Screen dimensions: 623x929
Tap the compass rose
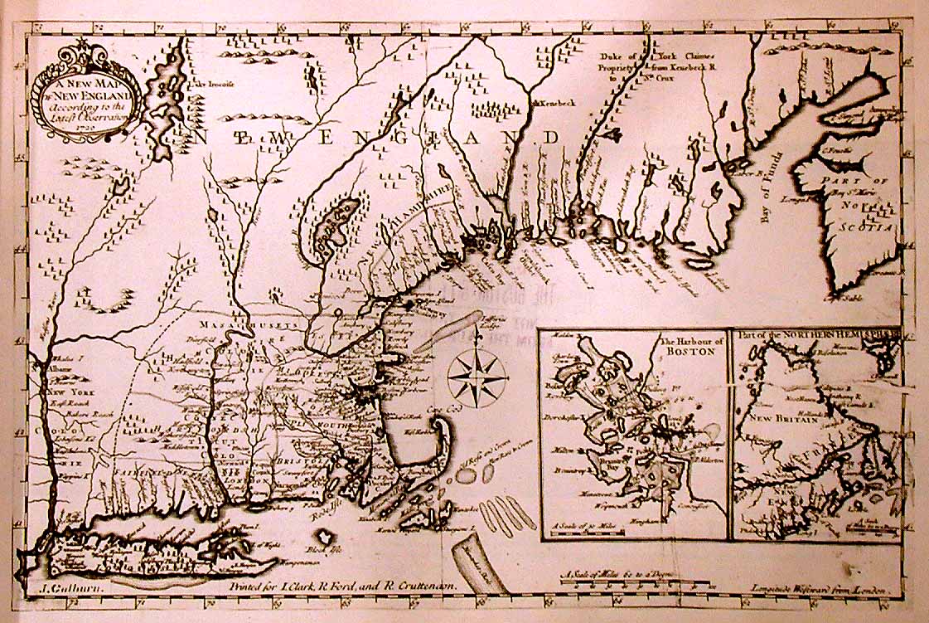click(x=477, y=376)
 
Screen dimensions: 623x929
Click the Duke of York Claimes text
click(x=660, y=56)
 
